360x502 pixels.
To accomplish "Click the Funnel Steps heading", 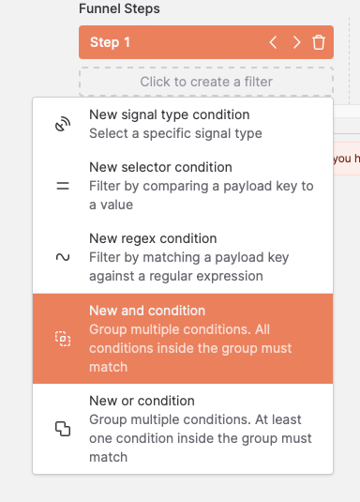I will [119, 8].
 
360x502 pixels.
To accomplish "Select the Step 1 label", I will [110, 42].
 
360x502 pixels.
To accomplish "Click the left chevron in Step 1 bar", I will [273, 42].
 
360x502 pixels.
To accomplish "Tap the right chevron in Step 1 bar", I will [296, 42].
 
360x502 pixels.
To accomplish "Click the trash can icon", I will [319, 42].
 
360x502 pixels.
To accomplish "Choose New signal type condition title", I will [169, 114].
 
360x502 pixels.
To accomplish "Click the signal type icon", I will [63, 124].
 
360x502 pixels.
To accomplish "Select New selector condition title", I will [160, 167].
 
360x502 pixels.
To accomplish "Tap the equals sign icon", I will [63, 186].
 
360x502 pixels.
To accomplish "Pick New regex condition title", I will [153, 238].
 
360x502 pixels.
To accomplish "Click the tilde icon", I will [63, 256].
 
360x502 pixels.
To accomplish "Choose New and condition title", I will [147, 310].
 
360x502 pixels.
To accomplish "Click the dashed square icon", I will [63, 339].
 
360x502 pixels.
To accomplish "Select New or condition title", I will [142, 400].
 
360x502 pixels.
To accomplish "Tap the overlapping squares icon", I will [63, 429].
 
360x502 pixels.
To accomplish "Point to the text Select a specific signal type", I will [175, 133].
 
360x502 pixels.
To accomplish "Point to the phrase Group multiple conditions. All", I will [177, 329].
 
